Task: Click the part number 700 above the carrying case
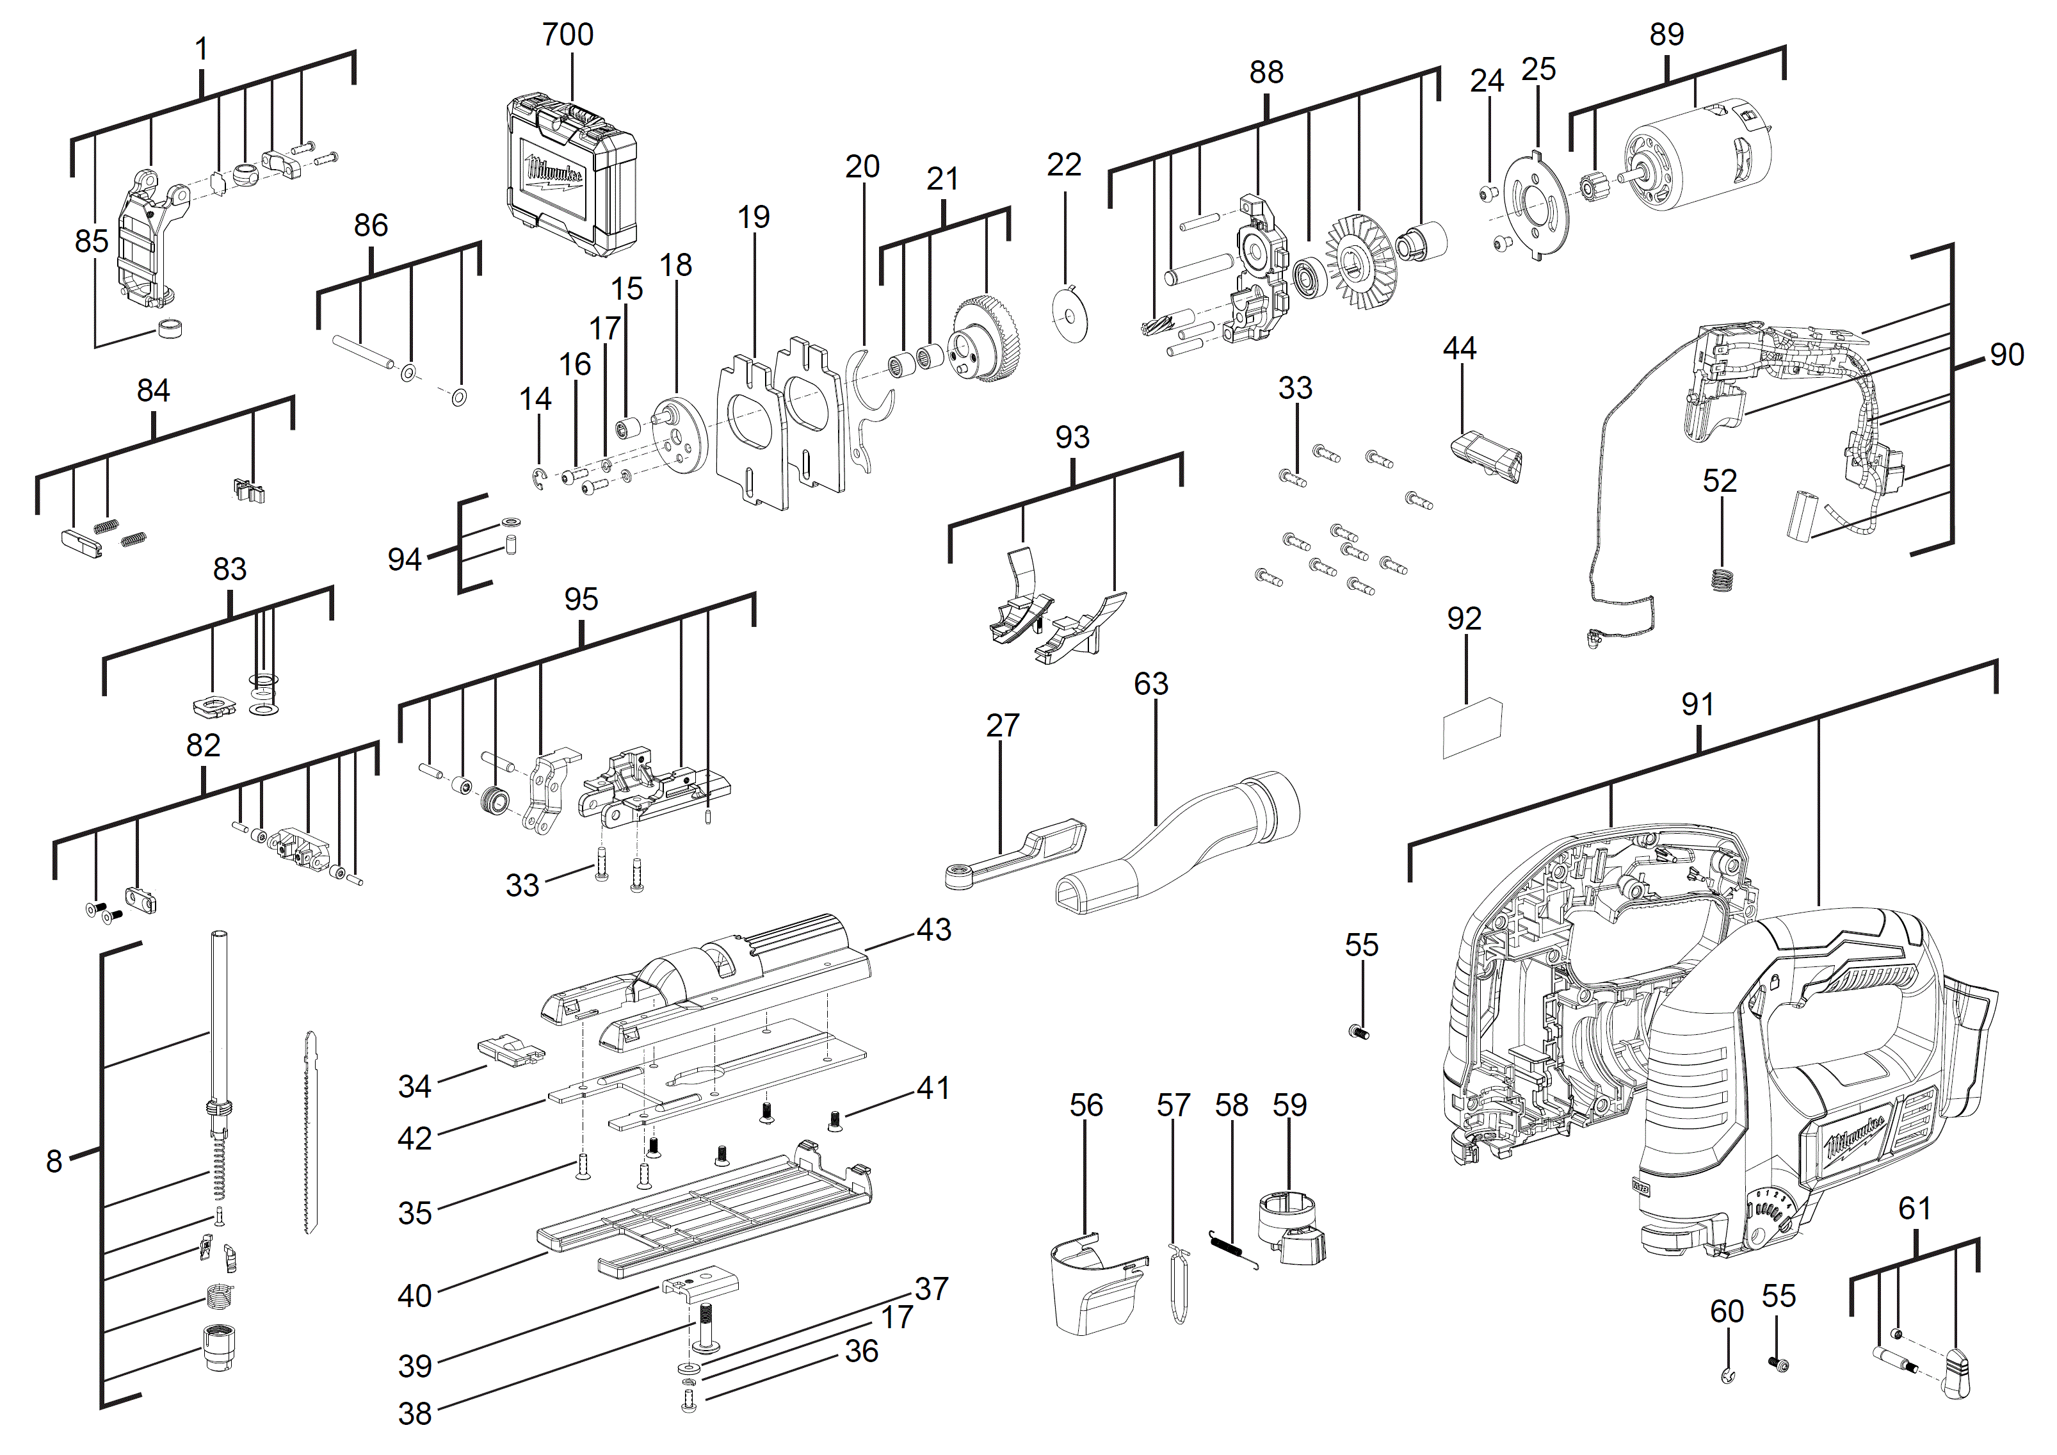pyautogui.click(x=567, y=35)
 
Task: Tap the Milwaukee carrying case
pyautogui.click(x=570, y=175)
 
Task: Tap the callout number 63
pyautogui.click(x=1150, y=683)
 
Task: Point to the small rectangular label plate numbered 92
pyautogui.click(x=1471, y=728)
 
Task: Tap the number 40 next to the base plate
pyautogui.click(x=414, y=1295)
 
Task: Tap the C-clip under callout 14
pyautogui.click(x=538, y=478)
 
